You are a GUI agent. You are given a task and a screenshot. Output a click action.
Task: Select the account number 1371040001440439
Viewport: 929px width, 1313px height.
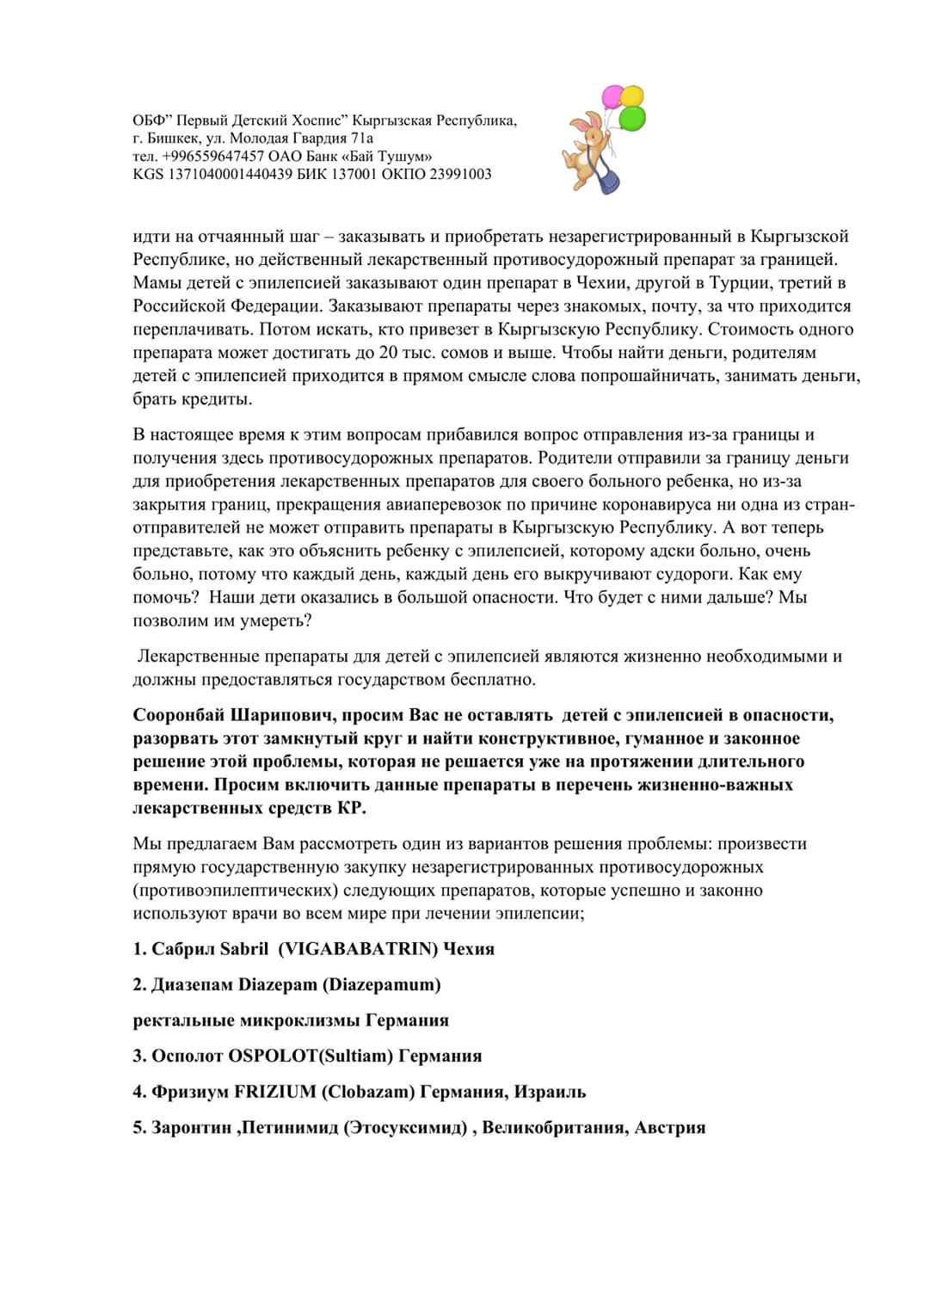point(225,175)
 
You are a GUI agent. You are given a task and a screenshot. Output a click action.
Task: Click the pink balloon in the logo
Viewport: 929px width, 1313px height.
point(612,96)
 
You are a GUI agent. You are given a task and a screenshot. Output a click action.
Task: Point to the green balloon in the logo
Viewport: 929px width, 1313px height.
point(632,118)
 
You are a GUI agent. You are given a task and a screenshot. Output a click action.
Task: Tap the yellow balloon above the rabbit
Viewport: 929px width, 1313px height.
point(632,95)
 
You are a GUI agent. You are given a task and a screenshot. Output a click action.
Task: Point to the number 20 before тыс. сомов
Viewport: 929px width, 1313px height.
point(378,353)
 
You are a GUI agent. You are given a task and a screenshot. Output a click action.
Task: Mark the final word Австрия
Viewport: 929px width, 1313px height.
point(669,1127)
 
